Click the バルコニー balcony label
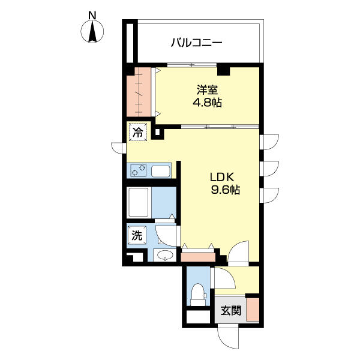197,43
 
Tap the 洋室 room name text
207,90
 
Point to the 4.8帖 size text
207,103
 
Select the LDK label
222,177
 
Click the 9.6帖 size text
226,190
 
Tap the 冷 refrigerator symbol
138,133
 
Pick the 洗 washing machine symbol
137,235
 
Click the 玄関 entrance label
231,311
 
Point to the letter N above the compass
92,16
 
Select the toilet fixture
199,295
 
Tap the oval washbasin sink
165,254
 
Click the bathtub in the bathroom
139,202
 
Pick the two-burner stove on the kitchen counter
138,170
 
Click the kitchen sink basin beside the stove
160,171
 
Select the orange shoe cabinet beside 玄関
253,310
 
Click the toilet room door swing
224,278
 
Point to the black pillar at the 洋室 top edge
223,69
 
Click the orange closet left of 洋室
139,92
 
